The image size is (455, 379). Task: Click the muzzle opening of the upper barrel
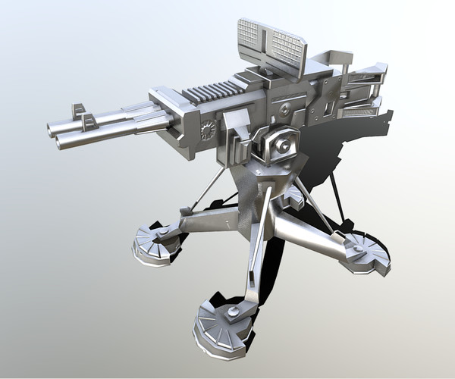pyautogui.click(x=55, y=124)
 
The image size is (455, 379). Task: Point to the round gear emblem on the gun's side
pyautogui.click(x=207, y=130)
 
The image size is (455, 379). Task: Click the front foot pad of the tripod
pyautogui.click(x=221, y=327)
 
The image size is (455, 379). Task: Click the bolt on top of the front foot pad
pyautogui.click(x=234, y=312)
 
